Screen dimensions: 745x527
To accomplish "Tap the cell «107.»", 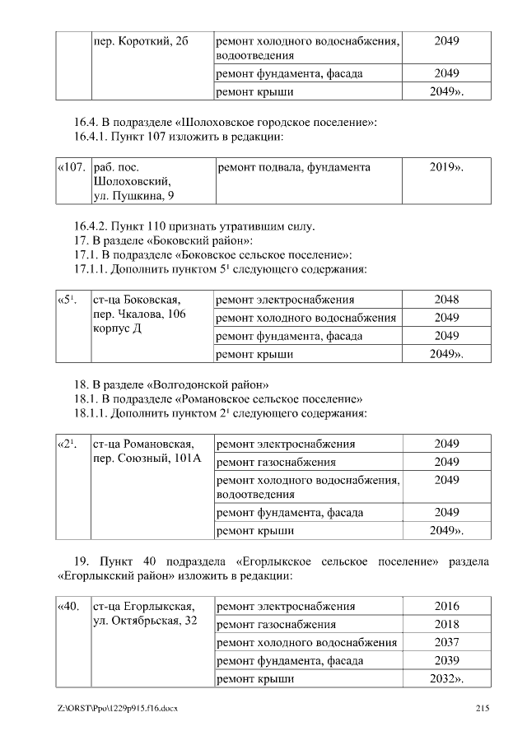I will [72, 167].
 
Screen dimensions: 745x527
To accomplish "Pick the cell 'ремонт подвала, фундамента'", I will [293, 167].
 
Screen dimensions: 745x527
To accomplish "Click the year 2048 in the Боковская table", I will [446, 299].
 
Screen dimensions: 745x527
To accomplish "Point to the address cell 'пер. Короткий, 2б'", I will [142, 40].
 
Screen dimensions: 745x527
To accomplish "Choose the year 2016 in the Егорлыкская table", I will [446, 607].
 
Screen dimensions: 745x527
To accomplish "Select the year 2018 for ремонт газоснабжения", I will [446, 625].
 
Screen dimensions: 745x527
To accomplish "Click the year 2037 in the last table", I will [446, 643].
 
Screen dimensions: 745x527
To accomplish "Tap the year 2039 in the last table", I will [446, 661].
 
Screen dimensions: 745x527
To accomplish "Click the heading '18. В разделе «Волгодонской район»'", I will [171, 384].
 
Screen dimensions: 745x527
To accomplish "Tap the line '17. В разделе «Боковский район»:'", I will [163, 240].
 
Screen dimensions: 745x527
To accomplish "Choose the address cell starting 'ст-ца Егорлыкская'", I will [145, 613].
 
